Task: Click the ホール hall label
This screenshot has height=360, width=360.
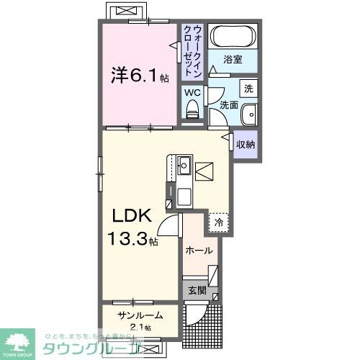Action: point(199,251)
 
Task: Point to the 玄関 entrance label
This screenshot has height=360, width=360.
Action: point(198,291)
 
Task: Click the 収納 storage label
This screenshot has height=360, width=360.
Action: point(246,145)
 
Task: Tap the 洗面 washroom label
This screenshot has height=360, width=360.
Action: point(229,105)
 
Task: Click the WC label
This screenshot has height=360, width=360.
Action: point(192,92)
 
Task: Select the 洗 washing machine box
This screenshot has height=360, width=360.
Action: point(247,89)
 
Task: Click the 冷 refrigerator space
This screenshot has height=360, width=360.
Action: point(218,222)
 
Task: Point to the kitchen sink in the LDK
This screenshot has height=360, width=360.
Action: point(183,165)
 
